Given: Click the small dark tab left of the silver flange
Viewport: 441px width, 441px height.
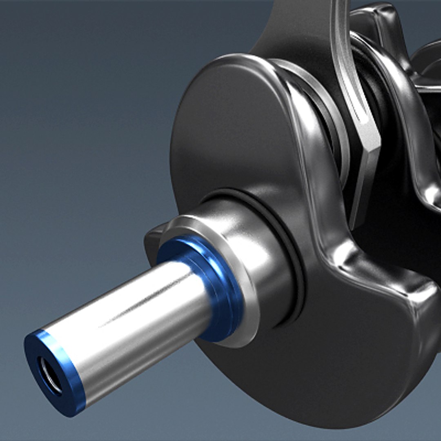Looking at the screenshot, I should click(151, 245).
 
